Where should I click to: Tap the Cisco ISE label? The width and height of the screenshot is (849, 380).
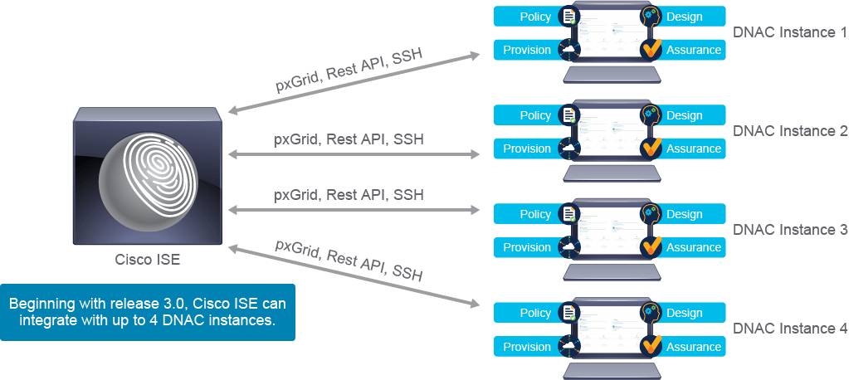pyautogui.click(x=147, y=260)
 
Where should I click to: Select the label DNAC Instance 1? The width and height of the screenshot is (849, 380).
pyautogui.click(x=789, y=32)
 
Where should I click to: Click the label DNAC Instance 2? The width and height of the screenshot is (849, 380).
pyautogui.click(x=789, y=131)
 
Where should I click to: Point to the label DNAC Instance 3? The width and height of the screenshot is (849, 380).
pyautogui.click(x=789, y=230)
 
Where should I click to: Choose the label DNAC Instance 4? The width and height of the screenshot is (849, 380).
pyautogui.click(x=789, y=329)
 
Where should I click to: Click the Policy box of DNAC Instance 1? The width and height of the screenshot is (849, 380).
pyautogui.click(x=528, y=17)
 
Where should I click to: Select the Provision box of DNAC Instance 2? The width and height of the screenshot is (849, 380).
pyautogui.click(x=526, y=149)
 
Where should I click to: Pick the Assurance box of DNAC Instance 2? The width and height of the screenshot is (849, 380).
pyautogui.click(x=692, y=149)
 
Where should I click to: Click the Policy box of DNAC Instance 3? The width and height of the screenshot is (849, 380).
pyautogui.click(x=528, y=214)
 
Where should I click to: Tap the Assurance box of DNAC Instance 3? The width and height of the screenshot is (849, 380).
pyautogui.click(x=692, y=247)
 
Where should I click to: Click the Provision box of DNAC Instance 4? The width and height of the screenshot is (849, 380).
pyautogui.click(x=526, y=347)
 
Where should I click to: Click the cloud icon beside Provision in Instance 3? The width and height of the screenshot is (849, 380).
pyautogui.click(x=568, y=247)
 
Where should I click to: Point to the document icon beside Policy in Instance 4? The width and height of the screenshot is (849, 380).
pyautogui.click(x=569, y=313)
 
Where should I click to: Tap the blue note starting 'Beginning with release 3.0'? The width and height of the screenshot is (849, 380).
pyautogui.click(x=148, y=313)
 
